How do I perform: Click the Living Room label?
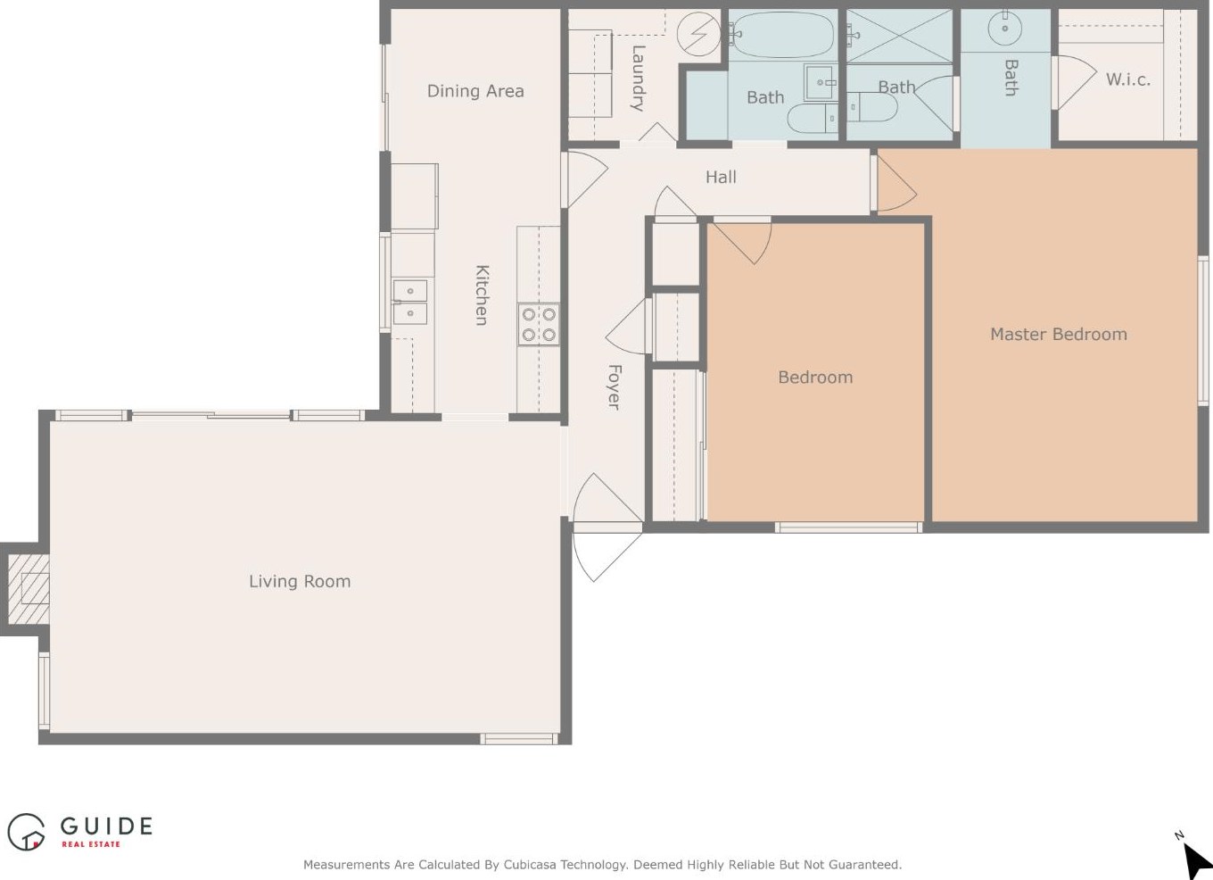pos(300,581)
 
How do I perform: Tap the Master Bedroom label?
pos(1059,334)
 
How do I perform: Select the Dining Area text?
pos(475,91)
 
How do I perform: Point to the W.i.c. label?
pos(1128,79)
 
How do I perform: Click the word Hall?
pos(721,177)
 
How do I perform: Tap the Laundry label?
pos(639,79)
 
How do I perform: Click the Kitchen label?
pos(482,295)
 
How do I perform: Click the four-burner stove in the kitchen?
pos(539,324)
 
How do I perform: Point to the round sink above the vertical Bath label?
pos(1005,29)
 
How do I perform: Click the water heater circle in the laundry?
pos(698,34)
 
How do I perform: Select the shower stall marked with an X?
pos(899,36)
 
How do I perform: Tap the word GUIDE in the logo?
pos(106,826)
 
